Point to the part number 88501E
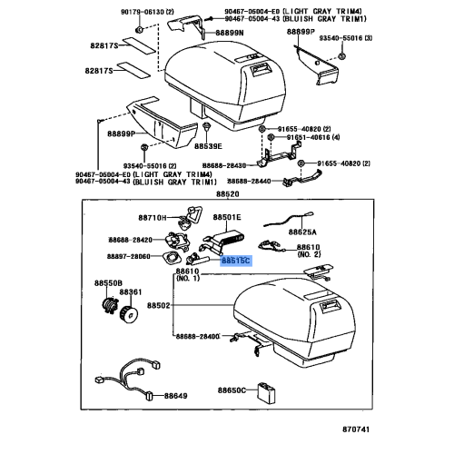[x=227, y=218]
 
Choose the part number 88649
[x=176, y=397]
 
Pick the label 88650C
[x=232, y=390]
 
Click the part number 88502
[x=185, y=307]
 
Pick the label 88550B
[x=108, y=283]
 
